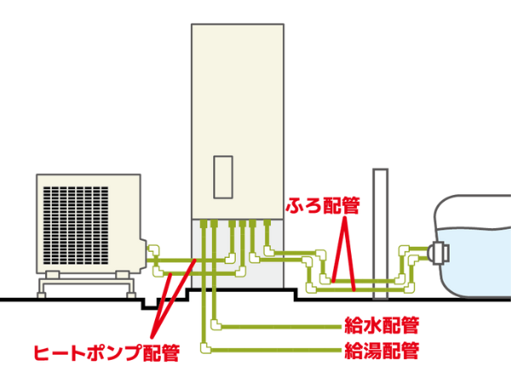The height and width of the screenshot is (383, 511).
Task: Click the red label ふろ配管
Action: pos(323,205)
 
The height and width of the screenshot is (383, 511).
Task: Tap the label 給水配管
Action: pos(382,325)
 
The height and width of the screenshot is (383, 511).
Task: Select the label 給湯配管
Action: pos(382,351)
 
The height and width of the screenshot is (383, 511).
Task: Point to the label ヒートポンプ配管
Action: pos(107,352)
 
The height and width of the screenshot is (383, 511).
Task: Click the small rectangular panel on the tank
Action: pos(223,177)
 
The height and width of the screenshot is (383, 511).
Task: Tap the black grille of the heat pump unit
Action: pos(76,226)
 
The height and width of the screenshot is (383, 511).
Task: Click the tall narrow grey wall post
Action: pos(381,234)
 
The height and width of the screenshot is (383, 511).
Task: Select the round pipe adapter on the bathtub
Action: pos(439,253)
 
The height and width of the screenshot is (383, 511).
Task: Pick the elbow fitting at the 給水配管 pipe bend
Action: pos(215,325)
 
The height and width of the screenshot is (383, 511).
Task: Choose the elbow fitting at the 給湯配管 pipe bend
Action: pos(205,348)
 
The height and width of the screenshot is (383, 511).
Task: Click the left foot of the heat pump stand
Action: pos(42,295)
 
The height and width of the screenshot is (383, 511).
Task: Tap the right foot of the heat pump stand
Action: pos(131,295)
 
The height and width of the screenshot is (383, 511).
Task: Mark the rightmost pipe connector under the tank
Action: pos(267,223)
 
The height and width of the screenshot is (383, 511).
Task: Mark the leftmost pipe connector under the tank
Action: pos(204,223)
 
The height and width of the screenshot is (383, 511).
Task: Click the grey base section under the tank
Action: pos(238,254)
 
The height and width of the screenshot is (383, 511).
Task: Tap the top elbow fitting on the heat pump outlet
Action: pos(153,250)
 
